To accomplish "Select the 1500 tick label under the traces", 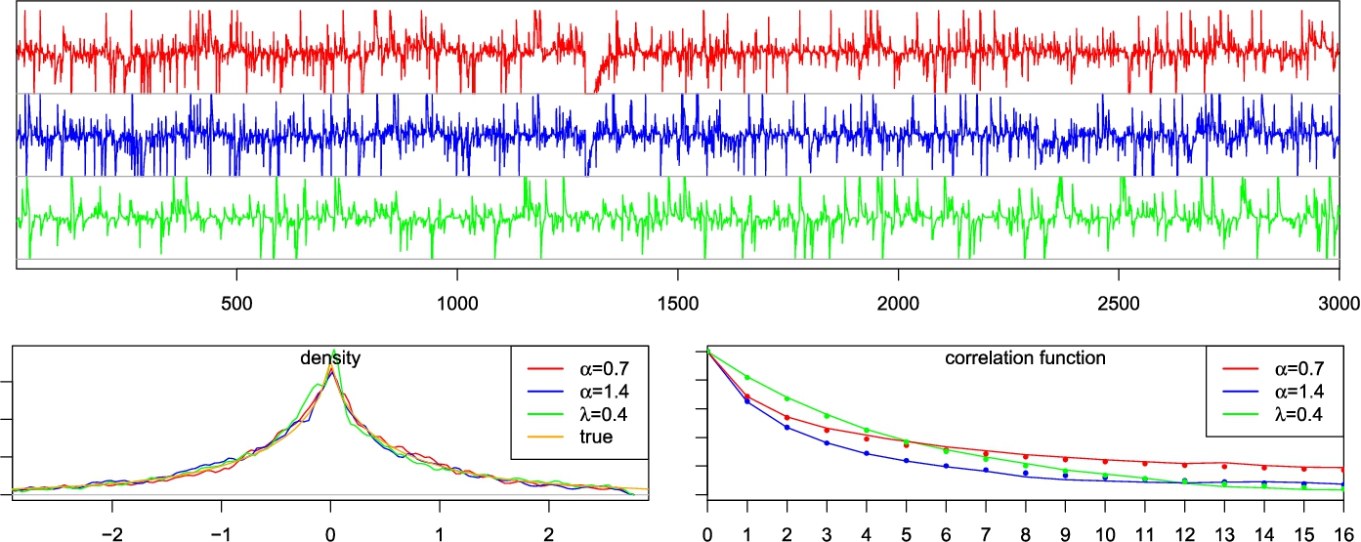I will click(x=677, y=301).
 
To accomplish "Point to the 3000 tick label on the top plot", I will click(x=1338, y=301).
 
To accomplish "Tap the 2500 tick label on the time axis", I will click(x=1118, y=301).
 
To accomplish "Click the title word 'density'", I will click(x=329, y=359).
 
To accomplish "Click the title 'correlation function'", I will click(x=1026, y=358).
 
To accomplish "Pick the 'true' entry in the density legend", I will click(x=594, y=438).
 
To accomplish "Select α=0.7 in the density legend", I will click(x=594, y=369).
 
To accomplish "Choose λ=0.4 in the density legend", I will click(x=594, y=415).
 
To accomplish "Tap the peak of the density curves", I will click(x=333, y=354).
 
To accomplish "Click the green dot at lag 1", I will click(x=747, y=378).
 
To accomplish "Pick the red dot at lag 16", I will click(x=1343, y=470).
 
